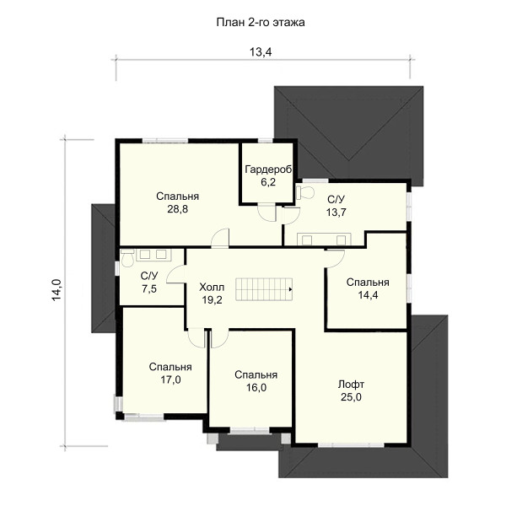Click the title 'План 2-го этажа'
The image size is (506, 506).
tap(261, 23)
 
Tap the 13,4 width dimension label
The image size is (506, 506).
tap(261, 51)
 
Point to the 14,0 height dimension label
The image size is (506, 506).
tap(57, 290)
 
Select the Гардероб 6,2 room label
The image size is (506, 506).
tap(268, 175)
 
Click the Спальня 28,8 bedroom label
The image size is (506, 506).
tap(177, 202)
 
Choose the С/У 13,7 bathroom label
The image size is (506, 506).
tap(336, 206)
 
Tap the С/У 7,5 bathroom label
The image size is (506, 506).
tap(149, 283)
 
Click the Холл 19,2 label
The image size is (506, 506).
tap(212, 293)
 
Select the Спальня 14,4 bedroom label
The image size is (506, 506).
tap(368, 288)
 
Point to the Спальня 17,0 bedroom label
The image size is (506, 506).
tap(170, 374)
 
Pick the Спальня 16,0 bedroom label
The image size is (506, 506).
tap(256, 381)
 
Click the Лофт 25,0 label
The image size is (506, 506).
tap(351, 390)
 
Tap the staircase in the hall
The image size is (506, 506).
tap(264, 289)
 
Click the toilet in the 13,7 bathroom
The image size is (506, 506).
tap(305, 192)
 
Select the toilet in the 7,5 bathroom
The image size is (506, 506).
tap(128, 258)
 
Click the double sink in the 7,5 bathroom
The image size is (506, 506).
tap(153, 255)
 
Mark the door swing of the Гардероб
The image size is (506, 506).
tap(266, 213)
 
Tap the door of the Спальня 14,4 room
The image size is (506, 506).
tap(336, 259)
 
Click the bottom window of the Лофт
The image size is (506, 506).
tap(351, 445)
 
